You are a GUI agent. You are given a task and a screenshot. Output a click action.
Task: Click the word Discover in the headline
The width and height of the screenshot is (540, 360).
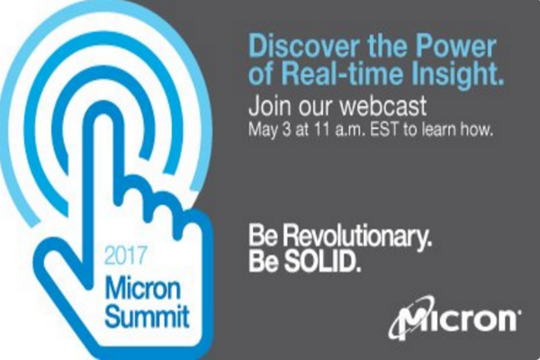303,47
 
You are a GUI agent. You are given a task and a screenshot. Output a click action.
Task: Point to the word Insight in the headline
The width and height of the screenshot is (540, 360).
454,75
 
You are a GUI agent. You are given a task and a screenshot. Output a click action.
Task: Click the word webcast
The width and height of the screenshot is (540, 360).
383,106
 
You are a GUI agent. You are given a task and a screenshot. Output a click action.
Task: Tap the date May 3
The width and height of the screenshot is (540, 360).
270,130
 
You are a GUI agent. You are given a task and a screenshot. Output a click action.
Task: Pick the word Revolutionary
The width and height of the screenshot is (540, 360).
358,237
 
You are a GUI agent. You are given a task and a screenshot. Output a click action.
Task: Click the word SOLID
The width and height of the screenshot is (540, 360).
322,262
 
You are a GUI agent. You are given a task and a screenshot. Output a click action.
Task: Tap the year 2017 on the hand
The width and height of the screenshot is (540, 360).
125,256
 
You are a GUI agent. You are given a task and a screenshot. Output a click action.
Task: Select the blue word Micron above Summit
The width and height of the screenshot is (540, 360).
142,289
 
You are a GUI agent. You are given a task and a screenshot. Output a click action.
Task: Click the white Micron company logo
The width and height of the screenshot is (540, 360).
454,318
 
